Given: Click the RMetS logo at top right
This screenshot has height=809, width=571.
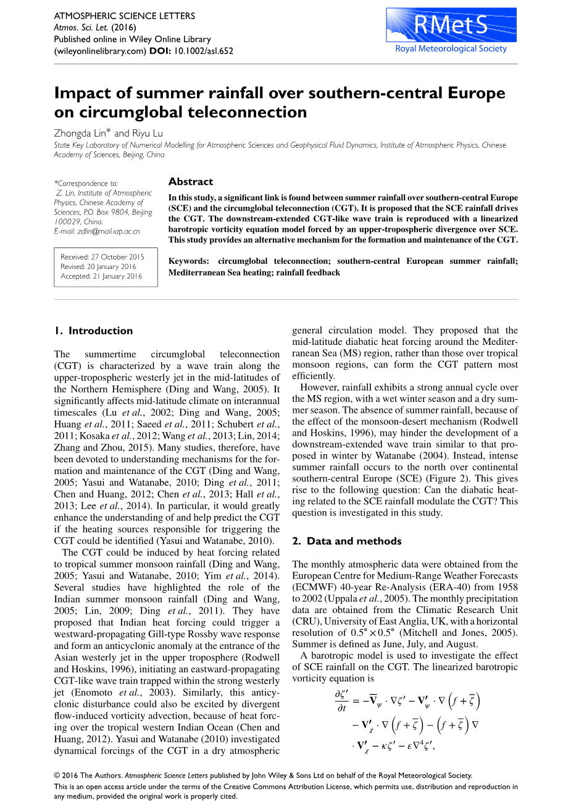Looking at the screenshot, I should [x=451, y=25].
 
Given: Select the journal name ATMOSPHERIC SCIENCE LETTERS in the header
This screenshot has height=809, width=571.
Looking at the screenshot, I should [x=125, y=16].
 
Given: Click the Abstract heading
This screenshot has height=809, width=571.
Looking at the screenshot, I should [x=191, y=182].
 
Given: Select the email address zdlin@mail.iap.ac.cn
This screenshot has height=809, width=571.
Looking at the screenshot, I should [x=106, y=231].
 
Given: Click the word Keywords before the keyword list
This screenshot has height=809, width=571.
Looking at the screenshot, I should [x=188, y=261].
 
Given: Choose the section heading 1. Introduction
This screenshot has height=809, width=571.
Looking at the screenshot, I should [x=93, y=331].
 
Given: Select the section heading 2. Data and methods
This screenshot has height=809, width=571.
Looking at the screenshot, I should [x=346, y=541].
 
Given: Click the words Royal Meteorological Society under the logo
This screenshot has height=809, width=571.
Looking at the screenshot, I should [x=451, y=49].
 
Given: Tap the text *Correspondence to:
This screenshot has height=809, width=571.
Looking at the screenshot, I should [x=86, y=184].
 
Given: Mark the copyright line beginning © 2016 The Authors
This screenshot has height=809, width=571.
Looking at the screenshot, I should [x=263, y=776].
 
